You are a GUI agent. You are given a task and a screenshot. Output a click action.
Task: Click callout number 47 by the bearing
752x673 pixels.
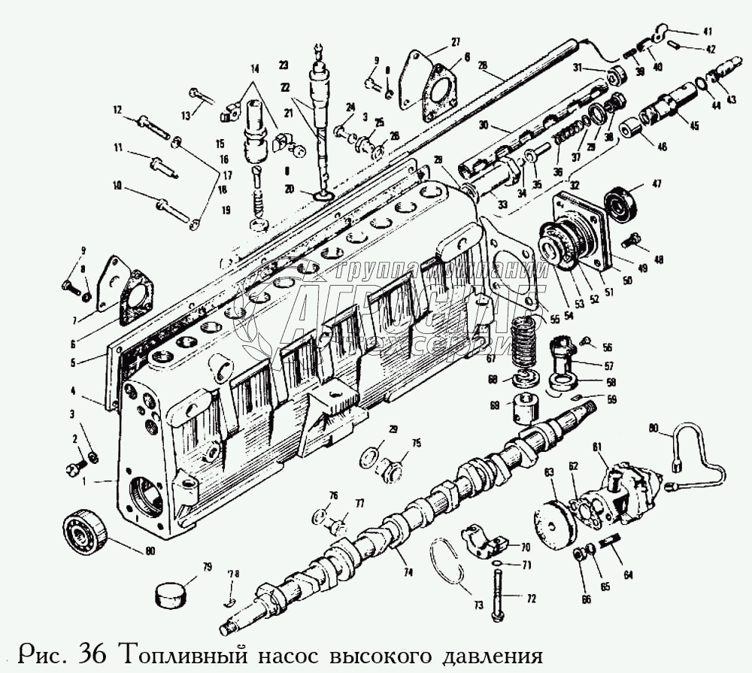[x=656, y=185]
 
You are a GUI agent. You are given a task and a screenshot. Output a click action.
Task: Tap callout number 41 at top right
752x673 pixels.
[x=707, y=32]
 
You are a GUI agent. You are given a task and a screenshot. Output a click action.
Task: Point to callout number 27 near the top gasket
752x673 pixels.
[x=456, y=42]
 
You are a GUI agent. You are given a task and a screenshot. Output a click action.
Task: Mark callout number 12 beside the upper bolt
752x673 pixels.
[x=117, y=110]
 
